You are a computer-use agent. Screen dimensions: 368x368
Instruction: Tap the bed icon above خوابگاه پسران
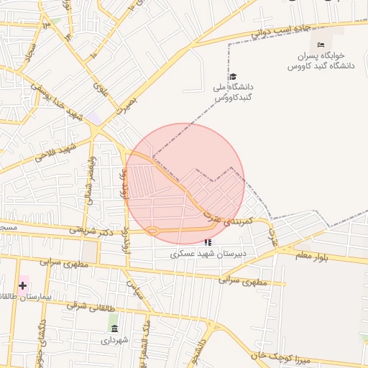(321, 45)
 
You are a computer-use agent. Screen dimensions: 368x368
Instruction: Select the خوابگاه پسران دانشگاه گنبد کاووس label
(322, 60)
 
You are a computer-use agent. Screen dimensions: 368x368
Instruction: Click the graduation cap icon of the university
(232, 77)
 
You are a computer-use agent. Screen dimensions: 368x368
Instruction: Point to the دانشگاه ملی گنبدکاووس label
(233, 91)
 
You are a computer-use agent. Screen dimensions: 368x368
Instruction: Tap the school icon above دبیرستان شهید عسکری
(208, 243)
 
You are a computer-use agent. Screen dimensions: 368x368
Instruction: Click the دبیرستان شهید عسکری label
(208, 254)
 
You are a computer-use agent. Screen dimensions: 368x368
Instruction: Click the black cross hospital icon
(23, 285)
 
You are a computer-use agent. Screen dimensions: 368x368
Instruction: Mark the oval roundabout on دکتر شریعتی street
(152, 231)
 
